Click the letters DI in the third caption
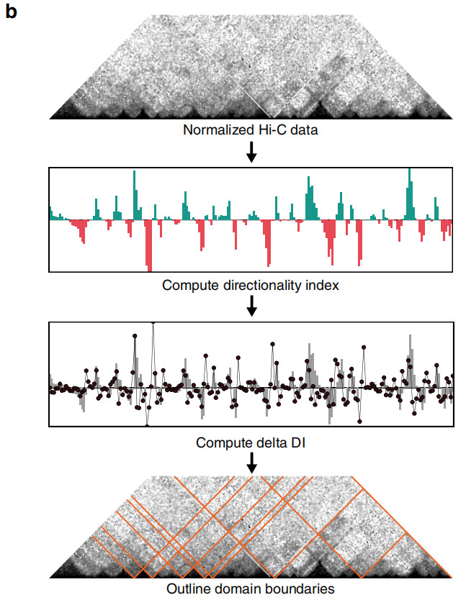pos(297,442)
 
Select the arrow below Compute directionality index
pos(251,306)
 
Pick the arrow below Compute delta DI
pos(251,463)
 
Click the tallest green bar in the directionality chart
pos(410,194)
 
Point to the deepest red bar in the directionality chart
pos(150,245)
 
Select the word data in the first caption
pos(304,130)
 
